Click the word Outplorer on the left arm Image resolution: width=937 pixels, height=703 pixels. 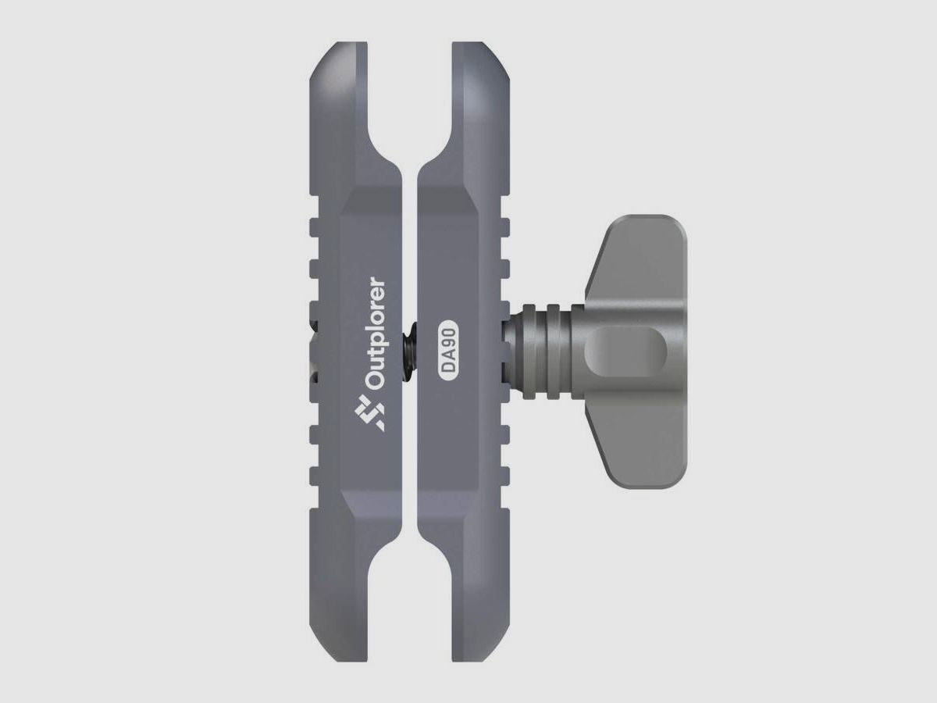(376, 334)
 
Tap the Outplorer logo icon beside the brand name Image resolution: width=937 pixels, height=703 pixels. (369, 412)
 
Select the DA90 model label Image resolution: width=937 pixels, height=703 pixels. (447, 350)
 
